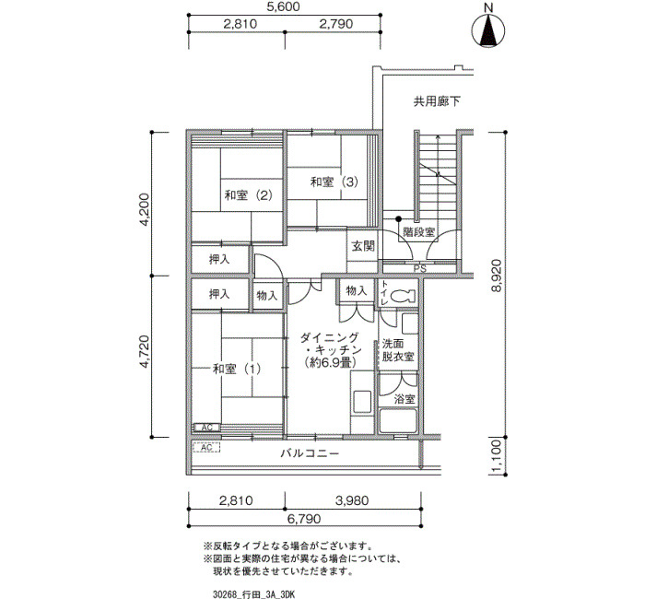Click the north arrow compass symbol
(x=488, y=30)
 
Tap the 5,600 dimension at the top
(x=284, y=7)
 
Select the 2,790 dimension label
(x=336, y=24)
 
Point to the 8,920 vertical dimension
(x=497, y=276)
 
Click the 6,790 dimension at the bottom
(x=304, y=519)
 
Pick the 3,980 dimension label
(x=352, y=500)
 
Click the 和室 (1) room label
(x=237, y=369)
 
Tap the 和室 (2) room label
(x=248, y=194)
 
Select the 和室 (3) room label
(x=334, y=182)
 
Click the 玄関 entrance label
(x=363, y=246)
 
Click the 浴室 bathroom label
(x=405, y=399)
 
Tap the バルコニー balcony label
(x=310, y=453)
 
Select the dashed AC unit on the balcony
(x=206, y=447)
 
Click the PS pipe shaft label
(x=420, y=269)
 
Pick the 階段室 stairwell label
(x=418, y=232)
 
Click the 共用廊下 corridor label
(x=437, y=101)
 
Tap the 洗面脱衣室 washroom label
(x=398, y=349)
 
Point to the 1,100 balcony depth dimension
(x=497, y=456)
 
